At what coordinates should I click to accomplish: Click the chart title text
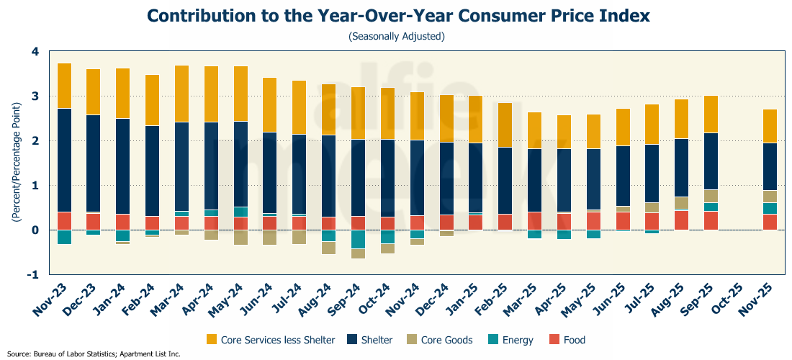coord(396,16)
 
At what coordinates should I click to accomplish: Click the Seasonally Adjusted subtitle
coord(396,36)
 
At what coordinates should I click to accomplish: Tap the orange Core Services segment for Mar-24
coord(182,94)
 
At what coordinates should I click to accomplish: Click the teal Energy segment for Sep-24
coord(359,239)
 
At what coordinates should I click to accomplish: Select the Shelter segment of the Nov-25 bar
coord(770,166)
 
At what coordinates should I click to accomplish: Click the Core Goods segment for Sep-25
coord(711,196)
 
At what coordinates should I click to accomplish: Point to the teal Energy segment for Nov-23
coord(64,237)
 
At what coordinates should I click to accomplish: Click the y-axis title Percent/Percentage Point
coord(16,162)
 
